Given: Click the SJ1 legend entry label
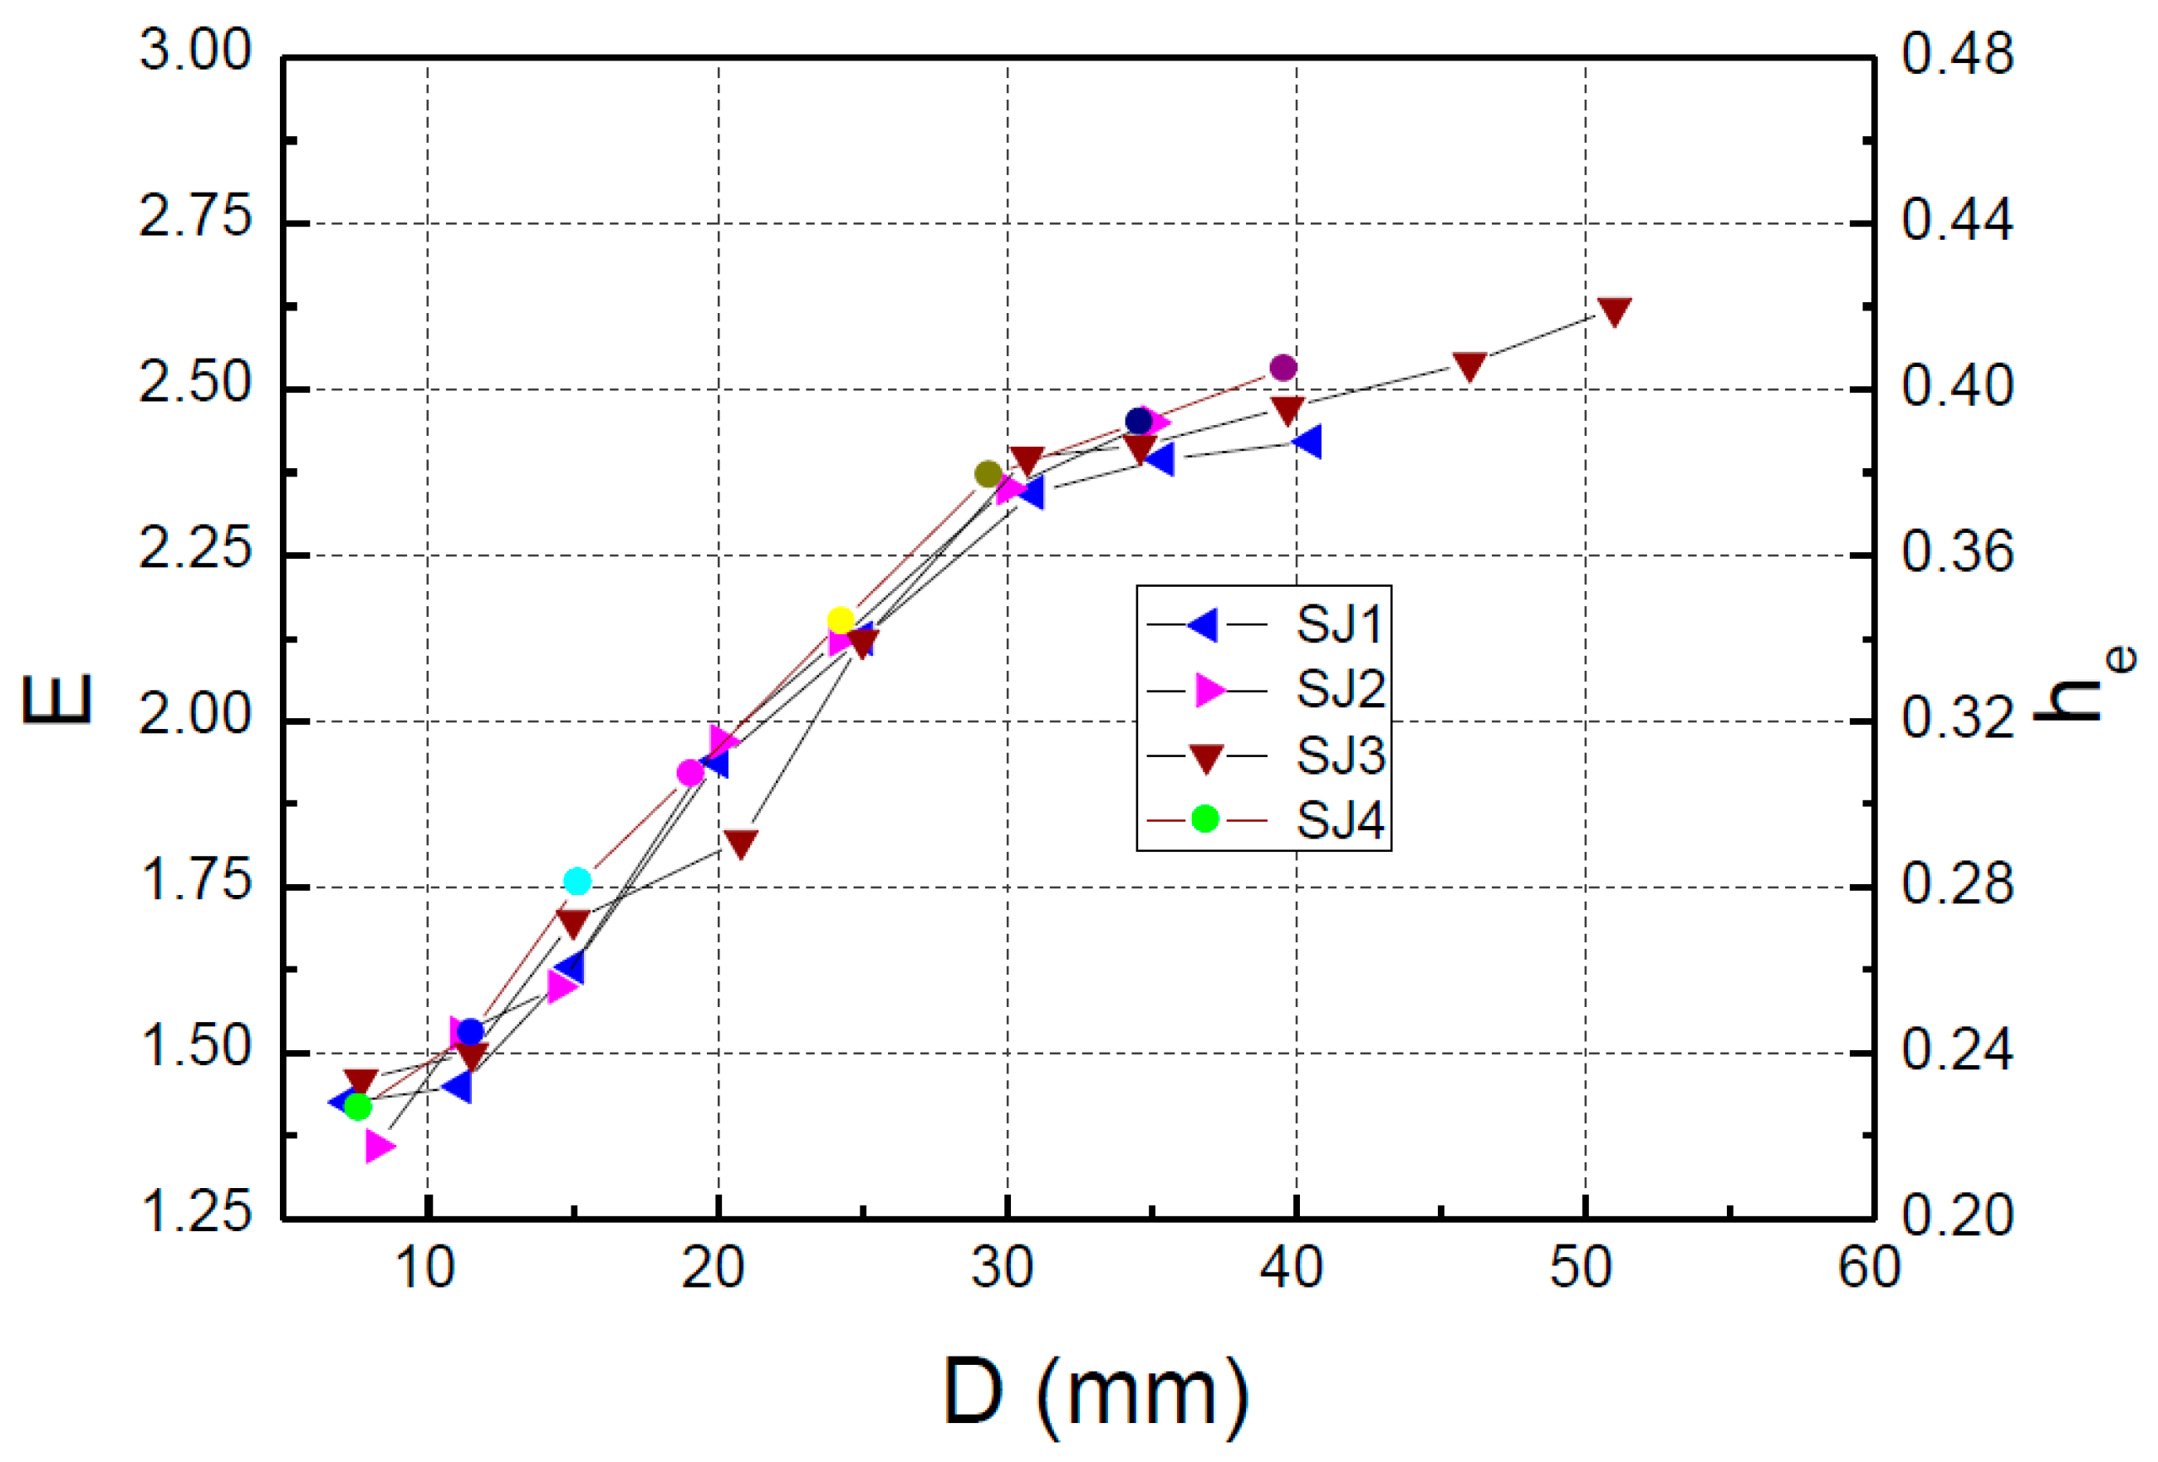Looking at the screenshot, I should point(1339,624).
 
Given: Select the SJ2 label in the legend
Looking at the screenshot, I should point(1340,690).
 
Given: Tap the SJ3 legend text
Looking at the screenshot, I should point(1340,755).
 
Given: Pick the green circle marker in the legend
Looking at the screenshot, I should point(1204,819).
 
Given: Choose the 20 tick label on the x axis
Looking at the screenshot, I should point(714,1267).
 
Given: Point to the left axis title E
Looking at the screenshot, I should point(57,698).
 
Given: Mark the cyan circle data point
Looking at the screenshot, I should point(577,881).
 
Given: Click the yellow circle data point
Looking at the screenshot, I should point(841,620).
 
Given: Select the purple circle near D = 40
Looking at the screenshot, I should point(1283,368).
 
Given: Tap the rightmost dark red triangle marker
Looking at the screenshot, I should point(1615,312).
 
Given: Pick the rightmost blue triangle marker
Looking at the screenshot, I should point(1308,442).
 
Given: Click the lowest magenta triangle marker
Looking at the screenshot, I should point(379,1147).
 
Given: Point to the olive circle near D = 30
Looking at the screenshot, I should point(988,474).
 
